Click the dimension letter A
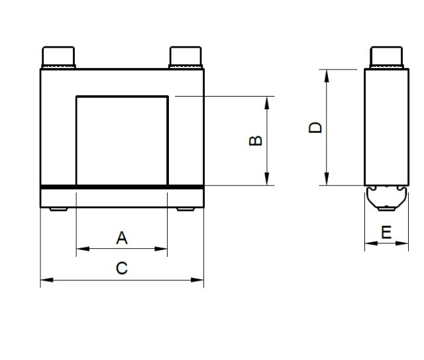[122, 238]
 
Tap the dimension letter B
[255, 140]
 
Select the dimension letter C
[122, 268]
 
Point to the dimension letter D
[316, 127]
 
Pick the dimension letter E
[387, 232]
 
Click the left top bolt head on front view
[59, 57]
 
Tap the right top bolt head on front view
[185, 57]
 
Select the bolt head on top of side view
[387, 57]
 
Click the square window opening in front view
[122, 140]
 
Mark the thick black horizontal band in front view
[122, 187]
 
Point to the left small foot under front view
[58, 209]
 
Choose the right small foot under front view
[185, 209]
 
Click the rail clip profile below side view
[387, 197]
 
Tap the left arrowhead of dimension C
[45, 280]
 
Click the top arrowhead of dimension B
[267, 101]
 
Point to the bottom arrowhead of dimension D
[327, 180]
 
